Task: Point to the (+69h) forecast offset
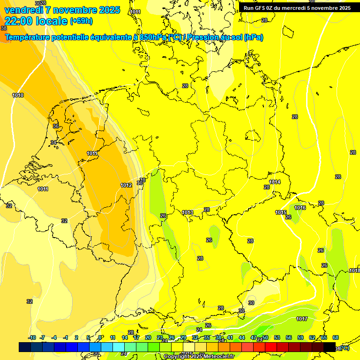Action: [81, 21]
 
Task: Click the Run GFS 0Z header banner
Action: [297, 8]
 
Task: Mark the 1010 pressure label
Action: [18, 95]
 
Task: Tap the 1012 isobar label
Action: [126, 185]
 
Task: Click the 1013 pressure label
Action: [187, 212]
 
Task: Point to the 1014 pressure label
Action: [275, 182]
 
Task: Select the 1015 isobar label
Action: [281, 212]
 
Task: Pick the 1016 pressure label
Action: [300, 208]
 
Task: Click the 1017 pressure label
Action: [302, 319]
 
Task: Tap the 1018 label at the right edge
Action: [354, 270]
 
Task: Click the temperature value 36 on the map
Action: [56, 126]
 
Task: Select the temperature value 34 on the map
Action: [53, 142]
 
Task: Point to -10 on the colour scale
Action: [32, 337]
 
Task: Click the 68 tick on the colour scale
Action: [336, 337]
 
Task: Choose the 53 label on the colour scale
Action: [277, 337]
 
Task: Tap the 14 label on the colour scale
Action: [125, 337]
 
